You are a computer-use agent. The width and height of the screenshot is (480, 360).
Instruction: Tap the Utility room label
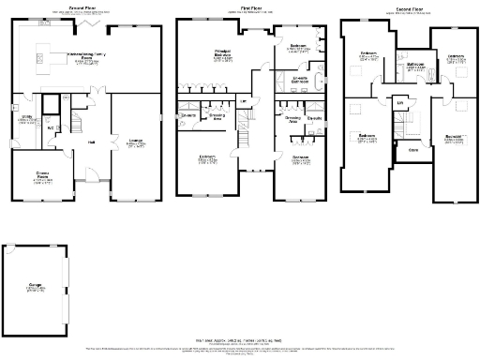pyautogui.click(x=24, y=120)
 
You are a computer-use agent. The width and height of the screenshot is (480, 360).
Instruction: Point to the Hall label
pyautogui.click(x=92, y=142)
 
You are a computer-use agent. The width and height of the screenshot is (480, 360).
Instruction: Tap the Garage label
pyautogui.click(x=36, y=288)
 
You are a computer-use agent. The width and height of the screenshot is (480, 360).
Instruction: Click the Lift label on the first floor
pyautogui.click(x=244, y=101)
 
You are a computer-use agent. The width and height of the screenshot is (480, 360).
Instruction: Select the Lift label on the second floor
pyautogui.click(x=400, y=101)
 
